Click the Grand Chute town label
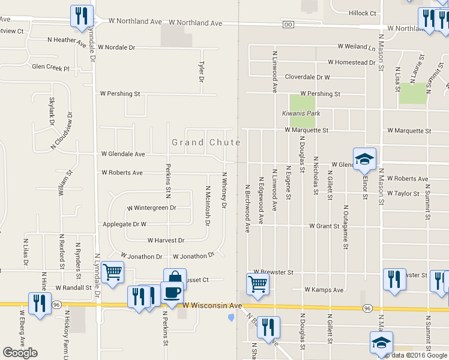[206, 142]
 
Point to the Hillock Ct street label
[362, 13]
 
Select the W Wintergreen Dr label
[151, 208]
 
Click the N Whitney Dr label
[224, 191]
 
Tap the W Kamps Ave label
[324, 290]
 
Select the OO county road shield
[288, 25]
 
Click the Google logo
[20, 353]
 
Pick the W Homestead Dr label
[351, 62]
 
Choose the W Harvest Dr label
[166, 240]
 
